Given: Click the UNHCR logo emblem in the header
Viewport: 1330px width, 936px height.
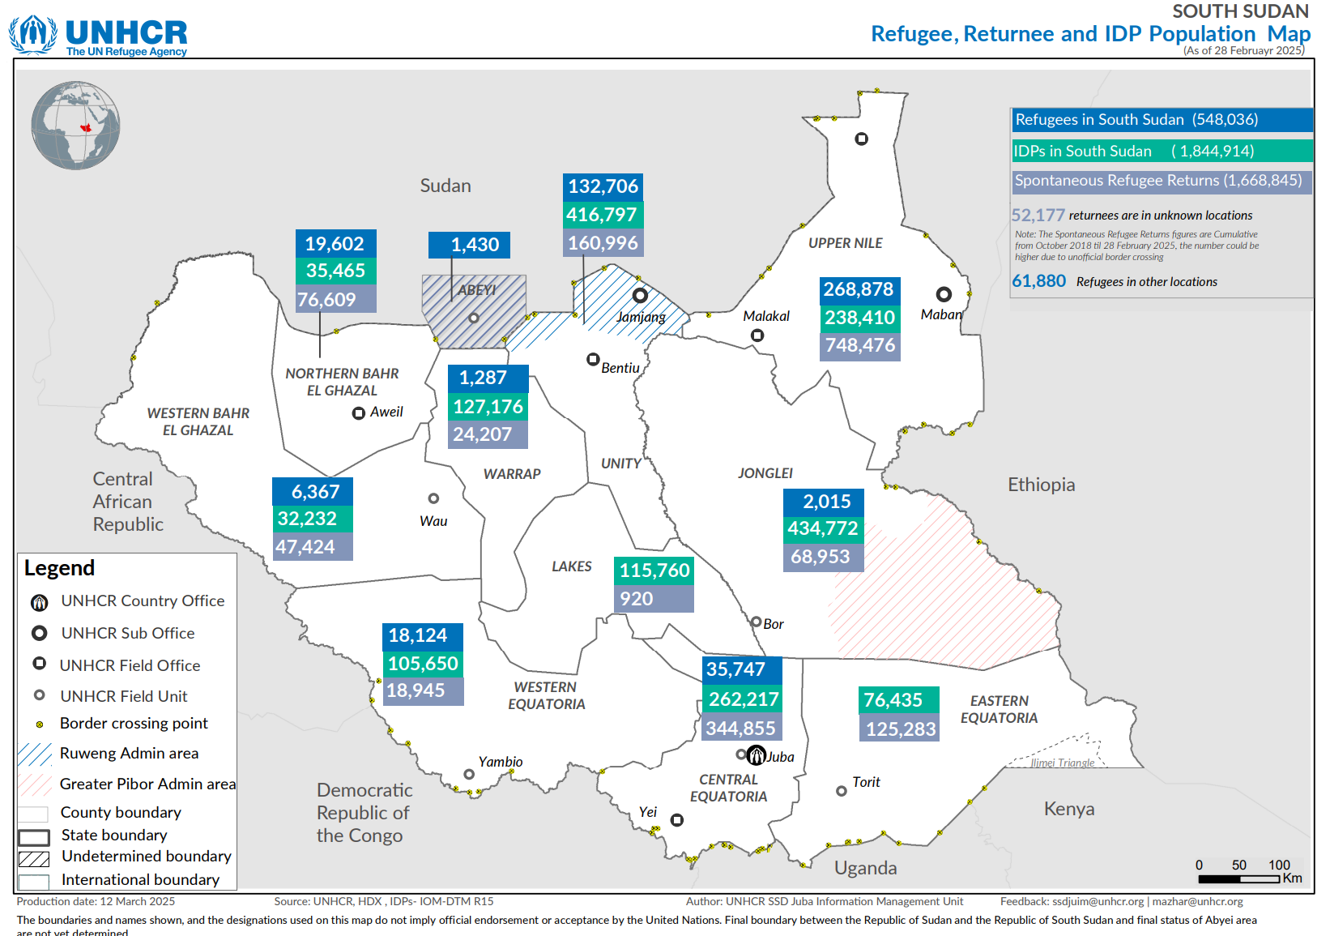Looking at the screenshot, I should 33,34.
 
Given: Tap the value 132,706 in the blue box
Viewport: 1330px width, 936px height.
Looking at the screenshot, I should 603,186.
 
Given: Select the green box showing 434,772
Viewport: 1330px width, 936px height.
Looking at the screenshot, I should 823,529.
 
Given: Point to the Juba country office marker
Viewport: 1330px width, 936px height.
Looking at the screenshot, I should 756,755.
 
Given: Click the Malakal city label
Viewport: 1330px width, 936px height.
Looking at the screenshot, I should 765,316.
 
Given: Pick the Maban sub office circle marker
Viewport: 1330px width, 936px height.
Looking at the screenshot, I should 944,294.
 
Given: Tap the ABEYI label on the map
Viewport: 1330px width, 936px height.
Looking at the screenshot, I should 476,290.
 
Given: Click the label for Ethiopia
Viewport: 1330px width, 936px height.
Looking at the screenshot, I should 1041,485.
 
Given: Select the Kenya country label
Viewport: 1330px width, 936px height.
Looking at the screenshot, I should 1068,809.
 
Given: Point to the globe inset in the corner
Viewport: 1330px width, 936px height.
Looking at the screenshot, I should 75,126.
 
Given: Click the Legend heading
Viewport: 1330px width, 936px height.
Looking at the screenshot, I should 59,568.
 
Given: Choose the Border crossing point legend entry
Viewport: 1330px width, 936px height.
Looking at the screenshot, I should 134,724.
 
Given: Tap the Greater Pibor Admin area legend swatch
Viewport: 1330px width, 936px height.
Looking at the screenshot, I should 35,784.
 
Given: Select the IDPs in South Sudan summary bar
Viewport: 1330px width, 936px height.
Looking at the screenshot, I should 1161,151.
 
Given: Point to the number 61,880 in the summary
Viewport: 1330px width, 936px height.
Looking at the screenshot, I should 1038,281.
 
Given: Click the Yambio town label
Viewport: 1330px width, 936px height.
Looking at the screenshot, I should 500,762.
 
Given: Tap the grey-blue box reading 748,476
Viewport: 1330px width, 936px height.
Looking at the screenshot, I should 859,346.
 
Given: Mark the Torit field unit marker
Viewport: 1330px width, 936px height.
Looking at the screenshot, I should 842,791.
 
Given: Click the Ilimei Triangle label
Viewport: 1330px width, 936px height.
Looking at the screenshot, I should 1062,763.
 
